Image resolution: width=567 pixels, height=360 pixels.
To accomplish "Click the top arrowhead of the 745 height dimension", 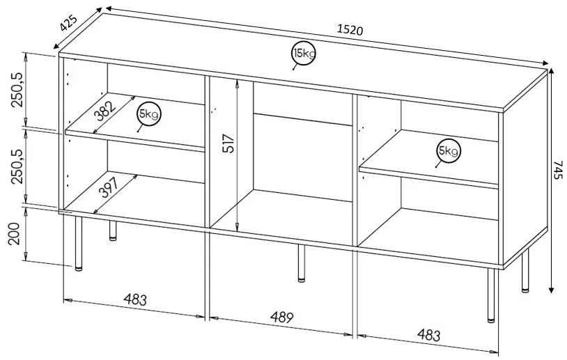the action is point(552,70).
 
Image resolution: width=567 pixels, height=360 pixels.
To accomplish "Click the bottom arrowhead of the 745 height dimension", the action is point(552,291).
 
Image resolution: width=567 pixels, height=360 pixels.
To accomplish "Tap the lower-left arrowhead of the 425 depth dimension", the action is point(55,47).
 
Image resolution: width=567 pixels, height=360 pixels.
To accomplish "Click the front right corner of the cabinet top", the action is point(504,111).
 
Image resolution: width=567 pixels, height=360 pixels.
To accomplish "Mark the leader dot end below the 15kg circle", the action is point(293,69).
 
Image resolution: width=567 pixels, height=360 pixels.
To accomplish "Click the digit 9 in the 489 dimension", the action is point(289,318).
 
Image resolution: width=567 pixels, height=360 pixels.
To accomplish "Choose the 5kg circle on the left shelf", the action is point(149,114).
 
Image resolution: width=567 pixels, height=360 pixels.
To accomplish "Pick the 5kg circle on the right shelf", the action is point(447,150).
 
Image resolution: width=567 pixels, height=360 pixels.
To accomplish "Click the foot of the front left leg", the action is point(78,269).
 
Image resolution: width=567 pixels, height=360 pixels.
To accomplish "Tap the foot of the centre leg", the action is point(301,279).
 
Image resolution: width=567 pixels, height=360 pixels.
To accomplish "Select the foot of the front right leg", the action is point(491,320).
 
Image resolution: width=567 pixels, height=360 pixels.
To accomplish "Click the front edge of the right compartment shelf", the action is point(428,178).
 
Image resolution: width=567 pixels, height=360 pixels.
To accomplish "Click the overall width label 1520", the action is point(350,30).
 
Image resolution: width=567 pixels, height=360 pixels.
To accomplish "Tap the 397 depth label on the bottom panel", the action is point(109,188).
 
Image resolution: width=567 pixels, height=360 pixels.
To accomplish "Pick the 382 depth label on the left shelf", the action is point(104,111).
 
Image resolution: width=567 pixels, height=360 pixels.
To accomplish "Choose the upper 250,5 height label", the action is point(17,90).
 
